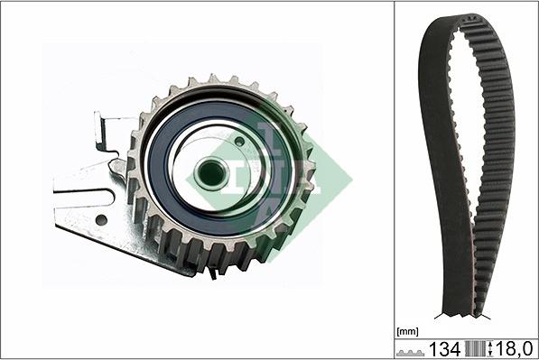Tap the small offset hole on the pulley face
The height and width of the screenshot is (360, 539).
[x=238, y=141]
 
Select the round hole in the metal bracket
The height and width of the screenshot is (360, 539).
[x=101, y=219]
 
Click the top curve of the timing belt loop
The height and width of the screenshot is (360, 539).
[x=475, y=20]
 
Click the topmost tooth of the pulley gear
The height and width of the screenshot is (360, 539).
[x=215, y=80]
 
